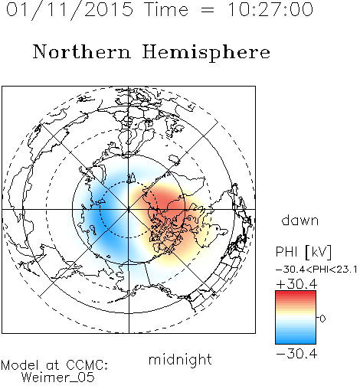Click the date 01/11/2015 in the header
click(70, 10)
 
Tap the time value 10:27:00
click(270, 9)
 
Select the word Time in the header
click(166, 9)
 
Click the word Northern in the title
click(82, 51)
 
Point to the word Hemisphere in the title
click(206, 53)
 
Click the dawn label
click(300, 220)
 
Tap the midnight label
click(180, 360)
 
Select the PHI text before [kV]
click(286, 252)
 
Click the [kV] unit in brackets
click(318, 252)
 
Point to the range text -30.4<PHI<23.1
click(316, 270)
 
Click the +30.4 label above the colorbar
click(296, 284)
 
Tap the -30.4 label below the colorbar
click(296, 354)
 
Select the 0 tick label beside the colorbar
click(322, 319)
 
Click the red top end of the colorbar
click(296, 293)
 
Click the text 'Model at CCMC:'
click(54, 365)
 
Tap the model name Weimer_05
click(58, 378)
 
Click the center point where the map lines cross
click(129, 210)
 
